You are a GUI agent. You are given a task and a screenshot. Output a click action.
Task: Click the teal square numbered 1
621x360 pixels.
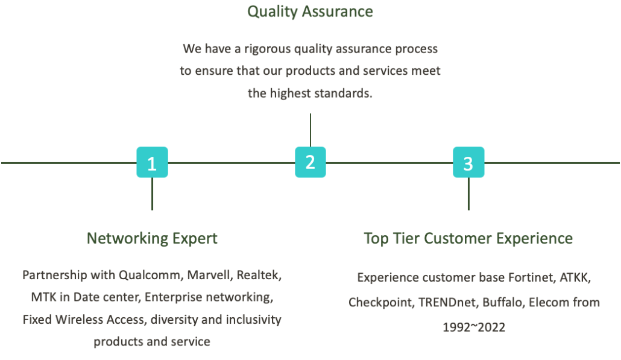152,162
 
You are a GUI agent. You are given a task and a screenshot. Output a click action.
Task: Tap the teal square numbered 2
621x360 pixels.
310,162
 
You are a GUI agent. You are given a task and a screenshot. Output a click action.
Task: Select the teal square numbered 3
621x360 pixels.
468,162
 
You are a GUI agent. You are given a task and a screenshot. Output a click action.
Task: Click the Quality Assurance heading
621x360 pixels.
310,11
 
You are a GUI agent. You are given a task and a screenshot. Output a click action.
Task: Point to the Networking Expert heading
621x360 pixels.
152,238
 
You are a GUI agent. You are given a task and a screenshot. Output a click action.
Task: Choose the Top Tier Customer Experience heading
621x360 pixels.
468,238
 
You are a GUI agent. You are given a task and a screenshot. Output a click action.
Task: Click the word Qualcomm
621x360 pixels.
151,275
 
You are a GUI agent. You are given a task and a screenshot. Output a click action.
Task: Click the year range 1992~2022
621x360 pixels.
474,327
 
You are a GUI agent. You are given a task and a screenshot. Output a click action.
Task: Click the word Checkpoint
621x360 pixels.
382,303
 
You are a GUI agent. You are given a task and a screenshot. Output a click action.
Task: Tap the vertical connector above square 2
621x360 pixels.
310,130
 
